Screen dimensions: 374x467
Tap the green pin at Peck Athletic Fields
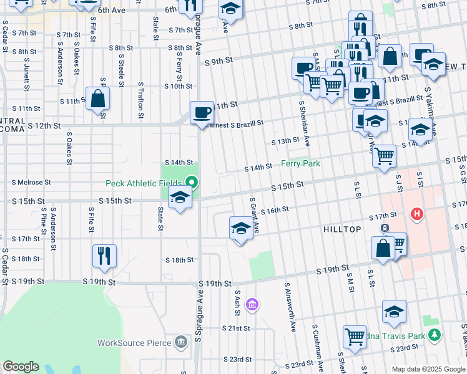(192, 183)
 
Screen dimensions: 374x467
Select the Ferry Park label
(300, 163)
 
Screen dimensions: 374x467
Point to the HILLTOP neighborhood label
(342, 230)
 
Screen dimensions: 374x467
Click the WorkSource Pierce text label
(134, 342)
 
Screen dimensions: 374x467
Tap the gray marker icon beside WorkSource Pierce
(180, 342)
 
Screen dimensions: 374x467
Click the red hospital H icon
(417, 215)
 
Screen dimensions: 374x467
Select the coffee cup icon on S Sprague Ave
(202, 113)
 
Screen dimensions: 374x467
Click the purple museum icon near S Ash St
(252, 304)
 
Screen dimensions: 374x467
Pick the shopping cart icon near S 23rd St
(355, 336)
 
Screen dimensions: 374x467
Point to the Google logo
(20, 367)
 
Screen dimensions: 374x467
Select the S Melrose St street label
(31, 183)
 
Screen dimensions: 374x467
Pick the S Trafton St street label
(141, 100)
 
